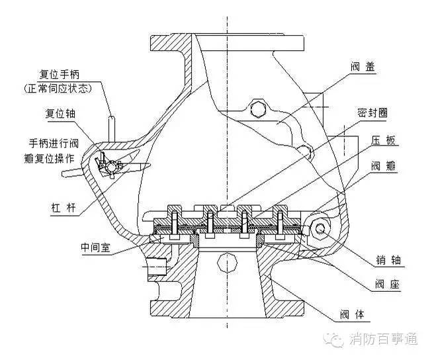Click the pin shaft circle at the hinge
pos(320,228)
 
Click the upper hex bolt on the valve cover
pos(259,107)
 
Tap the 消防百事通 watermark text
pos(385,340)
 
